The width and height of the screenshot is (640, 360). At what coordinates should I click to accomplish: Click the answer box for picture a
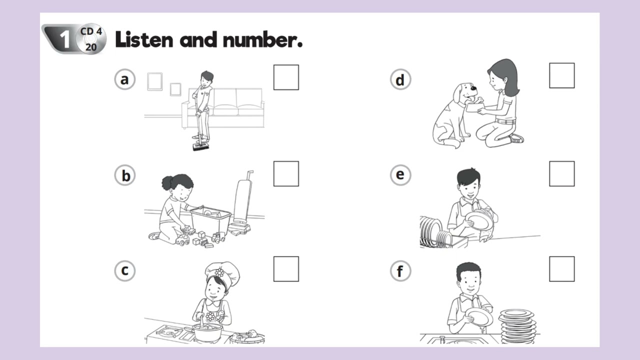tap(286, 77)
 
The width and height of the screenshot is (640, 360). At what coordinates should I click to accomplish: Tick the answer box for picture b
tap(286, 173)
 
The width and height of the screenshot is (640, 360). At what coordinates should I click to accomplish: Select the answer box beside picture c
tap(286, 269)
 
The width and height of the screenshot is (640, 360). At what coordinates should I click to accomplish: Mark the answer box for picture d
tap(561, 75)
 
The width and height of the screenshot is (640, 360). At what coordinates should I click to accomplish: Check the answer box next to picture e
tap(561, 173)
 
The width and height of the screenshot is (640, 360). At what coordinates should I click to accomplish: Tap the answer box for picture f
tap(561, 269)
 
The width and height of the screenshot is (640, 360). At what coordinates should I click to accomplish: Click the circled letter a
tap(124, 79)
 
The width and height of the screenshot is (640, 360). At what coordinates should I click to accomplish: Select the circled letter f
tap(400, 271)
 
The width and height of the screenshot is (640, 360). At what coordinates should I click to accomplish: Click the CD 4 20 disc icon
tap(91, 39)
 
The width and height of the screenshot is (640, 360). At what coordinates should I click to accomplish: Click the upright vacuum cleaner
tap(242, 200)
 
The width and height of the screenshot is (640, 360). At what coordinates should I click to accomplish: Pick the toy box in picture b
tap(210, 220)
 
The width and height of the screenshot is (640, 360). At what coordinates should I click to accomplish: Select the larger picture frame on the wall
tap(154, 81)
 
